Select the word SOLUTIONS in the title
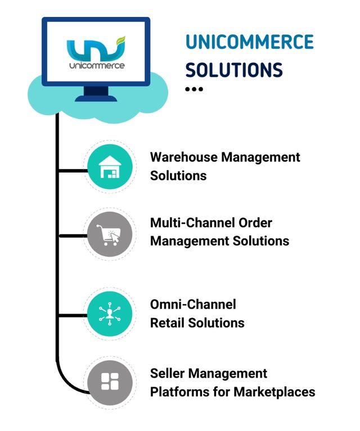point(234,70)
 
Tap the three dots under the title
point(193,89)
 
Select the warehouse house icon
point(109,167)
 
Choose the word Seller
point(168,373)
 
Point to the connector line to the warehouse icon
point(71,169)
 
